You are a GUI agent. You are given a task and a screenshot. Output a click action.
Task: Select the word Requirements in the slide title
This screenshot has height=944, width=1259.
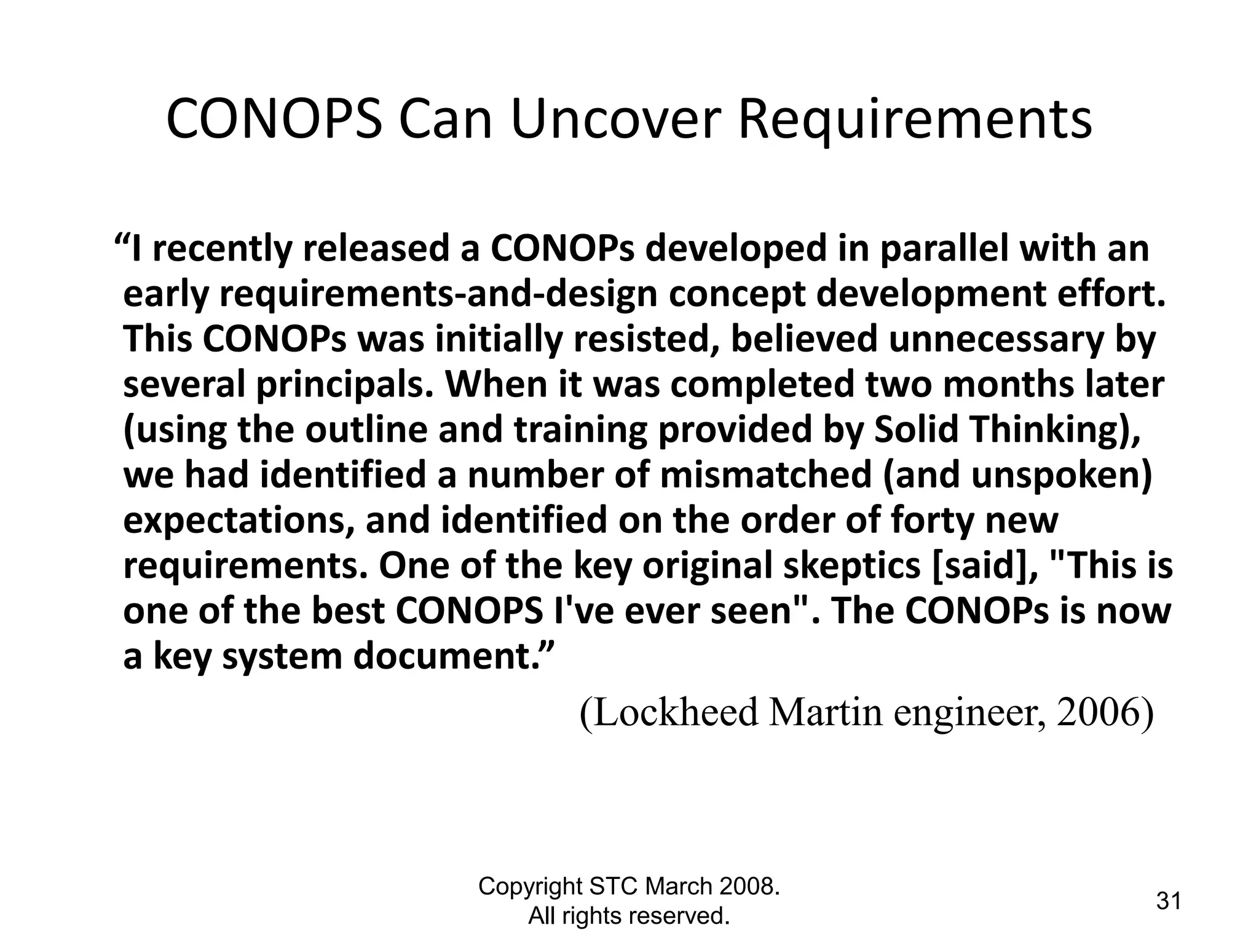pyautogui.click(x=915, y=119)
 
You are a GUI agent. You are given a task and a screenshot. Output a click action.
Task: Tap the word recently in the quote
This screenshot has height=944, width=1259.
pyautogui.click(x=220, y=250)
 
